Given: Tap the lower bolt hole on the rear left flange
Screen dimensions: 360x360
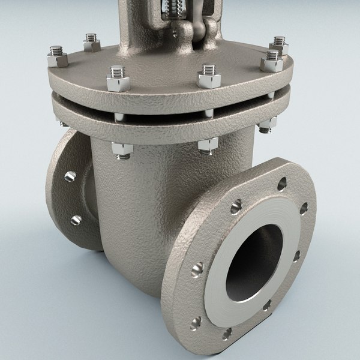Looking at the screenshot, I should pos(75,220).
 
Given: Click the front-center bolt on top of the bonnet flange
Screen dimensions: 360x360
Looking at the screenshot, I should pos(208,74).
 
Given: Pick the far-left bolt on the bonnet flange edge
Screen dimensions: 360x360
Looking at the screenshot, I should pos(56,59).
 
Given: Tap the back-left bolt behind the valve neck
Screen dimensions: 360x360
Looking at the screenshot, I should pos(92,42).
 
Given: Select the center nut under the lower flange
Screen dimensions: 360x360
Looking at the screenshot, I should pos(207,145).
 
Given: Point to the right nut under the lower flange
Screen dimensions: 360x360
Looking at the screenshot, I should pos(268,124).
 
